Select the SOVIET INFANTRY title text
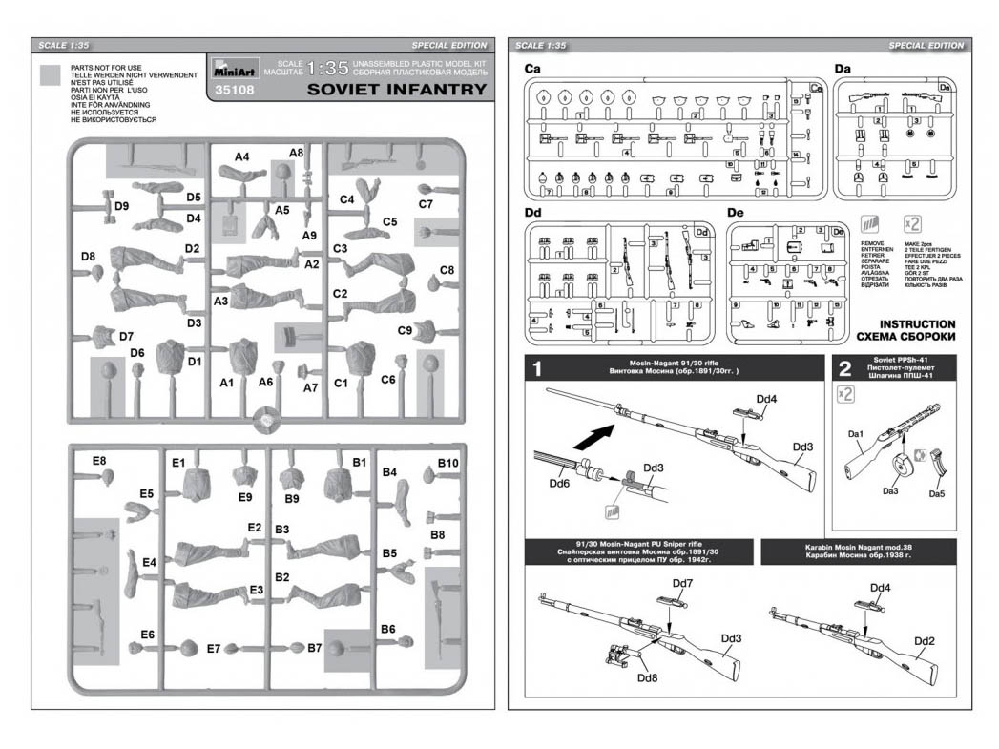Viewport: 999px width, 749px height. [x=397, y=90]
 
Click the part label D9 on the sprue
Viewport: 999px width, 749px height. [x=121, y=206]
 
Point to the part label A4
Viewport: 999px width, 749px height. [x=242, y=156]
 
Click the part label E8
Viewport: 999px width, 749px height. [x=99, y=462]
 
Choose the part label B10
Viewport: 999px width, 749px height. [x=448, y=463]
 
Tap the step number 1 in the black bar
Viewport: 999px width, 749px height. [x=537, y=368]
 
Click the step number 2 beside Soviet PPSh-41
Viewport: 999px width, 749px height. [x=843, y=368]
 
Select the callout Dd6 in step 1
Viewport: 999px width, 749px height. [x=559, y=484]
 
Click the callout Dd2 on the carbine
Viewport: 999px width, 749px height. [x=924, y=640]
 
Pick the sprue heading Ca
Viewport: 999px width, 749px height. [x=533, y=69]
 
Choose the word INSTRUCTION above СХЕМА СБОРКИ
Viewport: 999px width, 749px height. [x=917, y=324]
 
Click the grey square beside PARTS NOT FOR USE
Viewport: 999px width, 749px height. [x=53, y=78]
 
